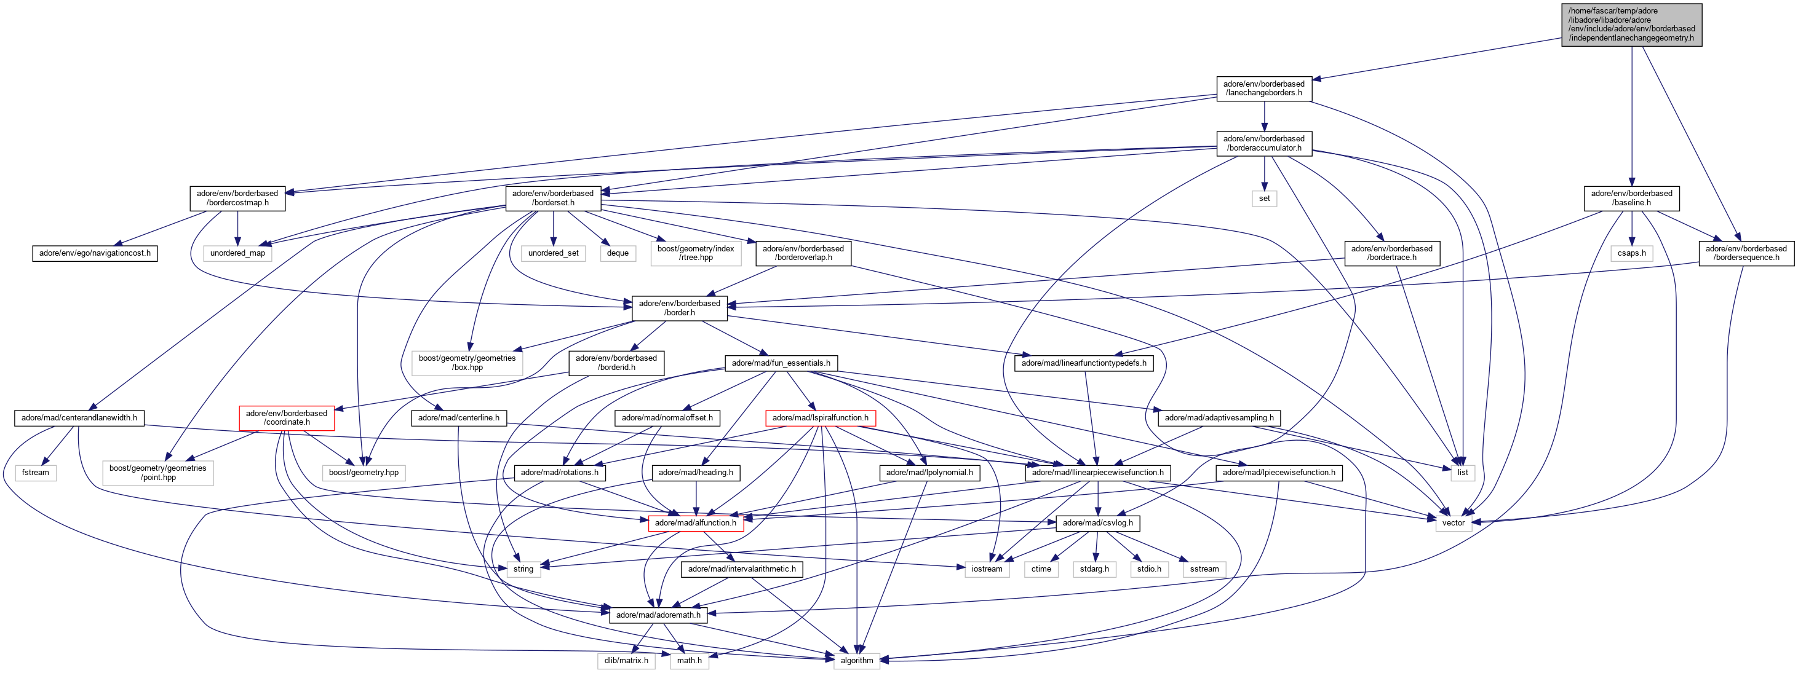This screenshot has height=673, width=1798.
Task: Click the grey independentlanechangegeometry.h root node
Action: (x=1631, y=25)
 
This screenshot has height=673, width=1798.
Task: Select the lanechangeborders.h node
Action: (x=1263, y=89)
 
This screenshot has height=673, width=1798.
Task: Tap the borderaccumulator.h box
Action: (x=1263, y=143)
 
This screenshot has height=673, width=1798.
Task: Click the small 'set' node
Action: (x=1264, y=199)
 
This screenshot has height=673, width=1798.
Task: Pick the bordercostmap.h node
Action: (x=237, y=198)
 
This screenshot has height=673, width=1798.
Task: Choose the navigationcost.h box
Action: (x=95, y=253)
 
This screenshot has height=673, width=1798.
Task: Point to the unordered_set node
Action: (x=553, y=253)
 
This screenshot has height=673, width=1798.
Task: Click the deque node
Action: (x=618, y=253)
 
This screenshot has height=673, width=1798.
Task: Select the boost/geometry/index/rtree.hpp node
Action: (x=695, y=253)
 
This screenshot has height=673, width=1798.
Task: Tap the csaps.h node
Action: (x=1631, y=253)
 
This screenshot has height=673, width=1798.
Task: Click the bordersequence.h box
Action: (x=1746, y=253)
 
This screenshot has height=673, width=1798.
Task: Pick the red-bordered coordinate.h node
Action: (x=286, y=418)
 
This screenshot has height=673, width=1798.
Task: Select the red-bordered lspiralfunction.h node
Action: (x=820, y=418)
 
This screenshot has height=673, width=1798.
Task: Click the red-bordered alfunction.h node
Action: (x=695, y=523)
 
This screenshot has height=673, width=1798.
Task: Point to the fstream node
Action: (x=36, y=473)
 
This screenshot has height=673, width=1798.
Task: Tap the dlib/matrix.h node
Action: (x=626, y=661)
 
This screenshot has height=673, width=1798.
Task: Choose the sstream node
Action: (x=1204, y=569)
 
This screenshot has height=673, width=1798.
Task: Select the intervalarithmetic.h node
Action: (x=741, y=569)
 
